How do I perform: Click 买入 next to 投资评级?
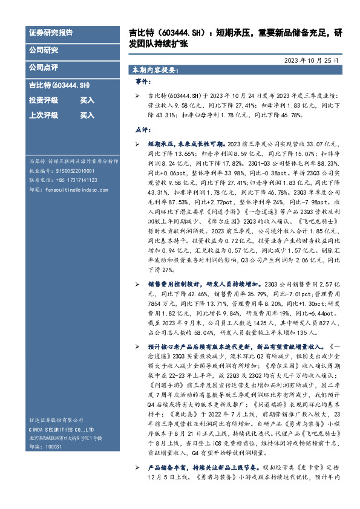(x=87, y=101)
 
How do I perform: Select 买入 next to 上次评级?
(x=87, y=115)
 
